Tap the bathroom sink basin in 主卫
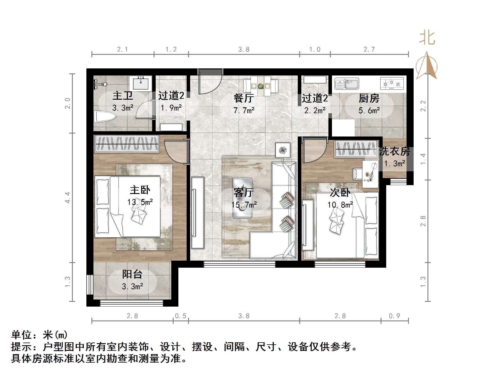coord(142,82)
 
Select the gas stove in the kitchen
coord(392,83)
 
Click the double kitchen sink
coord(347,84)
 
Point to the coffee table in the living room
coord(242,198)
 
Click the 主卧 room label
coord(140,190)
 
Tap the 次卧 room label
coord(340,193)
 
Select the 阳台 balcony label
coord(132,274)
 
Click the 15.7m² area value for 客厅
coord(244,205)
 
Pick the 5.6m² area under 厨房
coord(369,111)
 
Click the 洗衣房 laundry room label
coord(394,152)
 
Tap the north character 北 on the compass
coord(427,38)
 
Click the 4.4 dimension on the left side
coord(68,197)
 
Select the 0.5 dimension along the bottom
coord(180,316)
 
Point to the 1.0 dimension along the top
coord(315,49)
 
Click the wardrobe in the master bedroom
coord(126,144)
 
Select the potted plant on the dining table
coord(261,86)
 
